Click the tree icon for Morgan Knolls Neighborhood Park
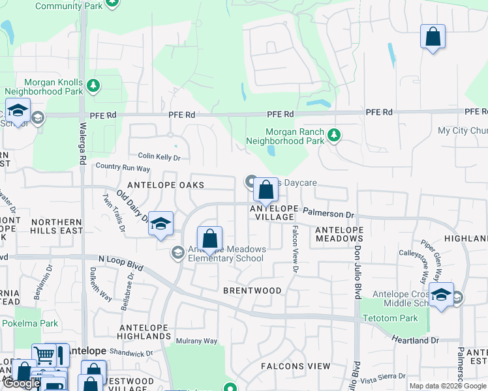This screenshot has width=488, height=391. [93, 85]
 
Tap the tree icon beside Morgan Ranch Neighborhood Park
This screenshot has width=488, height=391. [334, 136]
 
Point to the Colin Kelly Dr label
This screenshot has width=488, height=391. [159, 157]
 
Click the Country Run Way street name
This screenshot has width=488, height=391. [123, 168]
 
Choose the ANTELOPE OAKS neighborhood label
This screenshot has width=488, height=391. [165, 185]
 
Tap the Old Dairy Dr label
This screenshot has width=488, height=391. [132, 207]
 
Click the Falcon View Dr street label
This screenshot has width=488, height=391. [295, 248]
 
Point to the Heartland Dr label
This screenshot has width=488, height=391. [415, 340]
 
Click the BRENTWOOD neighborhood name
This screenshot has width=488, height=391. [252, 291]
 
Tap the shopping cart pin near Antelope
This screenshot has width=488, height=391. [44, 355]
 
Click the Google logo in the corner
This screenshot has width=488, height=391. [21, 383]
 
